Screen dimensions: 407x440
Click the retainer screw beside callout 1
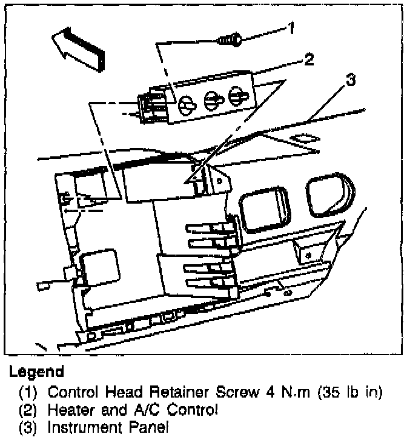230,41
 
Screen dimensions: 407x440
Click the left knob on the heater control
187,105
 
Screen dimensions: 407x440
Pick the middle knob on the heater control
211,100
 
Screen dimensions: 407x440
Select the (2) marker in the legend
28,410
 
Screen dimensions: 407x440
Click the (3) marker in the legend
28,428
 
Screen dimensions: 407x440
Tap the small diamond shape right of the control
302,140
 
